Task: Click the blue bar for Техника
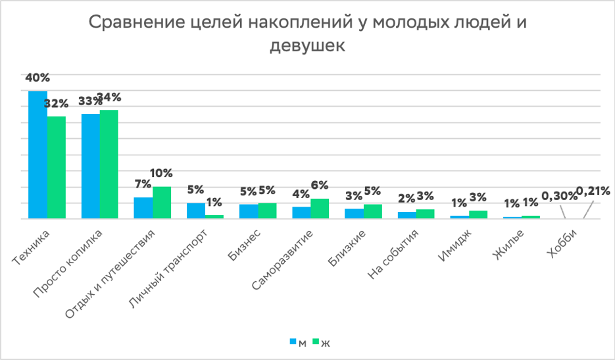tap(37, 155)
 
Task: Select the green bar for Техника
tap(57, 167)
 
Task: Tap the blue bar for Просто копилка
tap(90, 166)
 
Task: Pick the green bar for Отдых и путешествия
tap(162, 202)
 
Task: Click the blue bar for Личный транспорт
tap(195, 211)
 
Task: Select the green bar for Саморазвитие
tap(320, 208)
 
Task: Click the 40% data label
tap(37, 78)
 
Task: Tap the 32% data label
tap(57, 103)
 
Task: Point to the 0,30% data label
tap(556, 195)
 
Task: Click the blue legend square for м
tap(293, 342)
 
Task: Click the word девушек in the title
tap(307, 47)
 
